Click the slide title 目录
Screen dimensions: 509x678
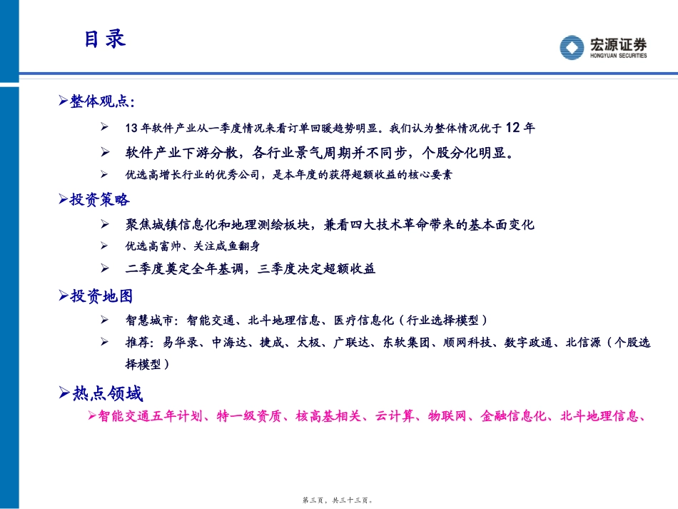(x=104, y=39)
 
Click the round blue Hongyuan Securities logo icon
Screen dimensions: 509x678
(x=572, y=48)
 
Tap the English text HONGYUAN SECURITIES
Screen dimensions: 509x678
(x=618, y=56)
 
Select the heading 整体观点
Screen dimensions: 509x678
(x=99, y=101)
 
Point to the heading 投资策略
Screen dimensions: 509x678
(x=99, y=199)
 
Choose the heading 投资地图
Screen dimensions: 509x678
(x=101, y=296)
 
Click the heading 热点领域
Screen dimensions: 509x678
(x=107, y=393)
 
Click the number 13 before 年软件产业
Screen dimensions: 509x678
(x=129, y=128)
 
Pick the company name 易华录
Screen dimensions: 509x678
(x=178, y=343)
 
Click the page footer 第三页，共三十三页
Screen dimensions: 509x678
(x=338, y=501)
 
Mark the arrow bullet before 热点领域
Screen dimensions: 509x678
(x=64, y=393)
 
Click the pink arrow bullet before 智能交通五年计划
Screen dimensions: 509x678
(x=91, y=415)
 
